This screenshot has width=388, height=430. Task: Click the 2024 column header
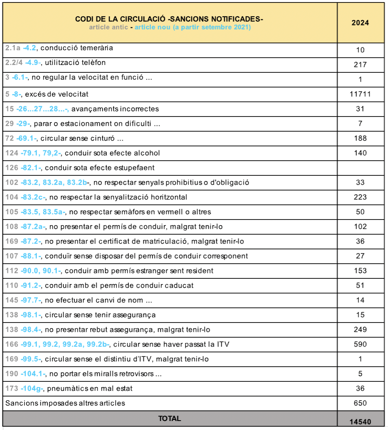(360, 23)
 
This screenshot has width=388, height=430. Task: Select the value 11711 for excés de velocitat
(360, 94)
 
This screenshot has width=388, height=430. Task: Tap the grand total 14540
(360, 421)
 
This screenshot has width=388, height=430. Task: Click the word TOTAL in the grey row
(169, 418)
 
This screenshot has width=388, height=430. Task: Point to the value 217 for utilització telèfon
(360, 65)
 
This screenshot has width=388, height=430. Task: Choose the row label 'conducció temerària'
(76, 48)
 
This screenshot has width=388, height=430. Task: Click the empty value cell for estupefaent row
(360, 168)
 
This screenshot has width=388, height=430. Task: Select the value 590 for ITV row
(360, 344)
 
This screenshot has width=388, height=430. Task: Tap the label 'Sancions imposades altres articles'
(65, 403)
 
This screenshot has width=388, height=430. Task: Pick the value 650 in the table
(360, 403)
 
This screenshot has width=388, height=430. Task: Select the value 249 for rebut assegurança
(360, 329)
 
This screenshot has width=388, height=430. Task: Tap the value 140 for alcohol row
(360, 153)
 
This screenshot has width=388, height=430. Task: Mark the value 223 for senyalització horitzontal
(360, 197)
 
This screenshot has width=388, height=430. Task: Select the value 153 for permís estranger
(360, 271)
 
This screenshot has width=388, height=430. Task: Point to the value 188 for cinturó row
(360, 138)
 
